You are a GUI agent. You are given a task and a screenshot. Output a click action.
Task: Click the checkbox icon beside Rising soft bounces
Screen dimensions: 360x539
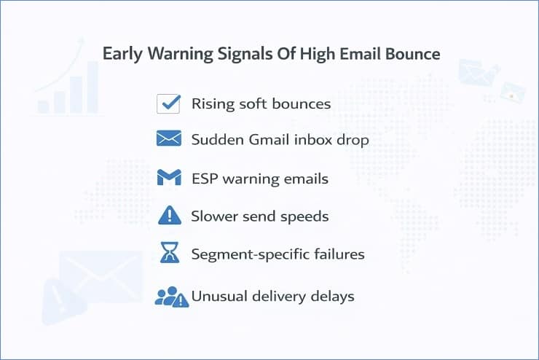168,103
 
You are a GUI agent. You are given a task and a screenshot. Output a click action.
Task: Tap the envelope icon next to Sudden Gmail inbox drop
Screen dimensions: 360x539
168,138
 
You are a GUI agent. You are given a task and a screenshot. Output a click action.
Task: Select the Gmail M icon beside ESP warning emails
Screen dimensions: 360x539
168,177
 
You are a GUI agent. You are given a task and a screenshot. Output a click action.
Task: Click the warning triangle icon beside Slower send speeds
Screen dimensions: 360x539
168,215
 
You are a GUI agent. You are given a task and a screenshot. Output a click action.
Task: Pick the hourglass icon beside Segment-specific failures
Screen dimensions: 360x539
169,253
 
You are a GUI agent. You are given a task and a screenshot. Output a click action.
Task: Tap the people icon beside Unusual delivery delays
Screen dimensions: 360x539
170,296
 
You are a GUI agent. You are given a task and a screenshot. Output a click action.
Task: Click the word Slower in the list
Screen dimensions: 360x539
213,216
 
